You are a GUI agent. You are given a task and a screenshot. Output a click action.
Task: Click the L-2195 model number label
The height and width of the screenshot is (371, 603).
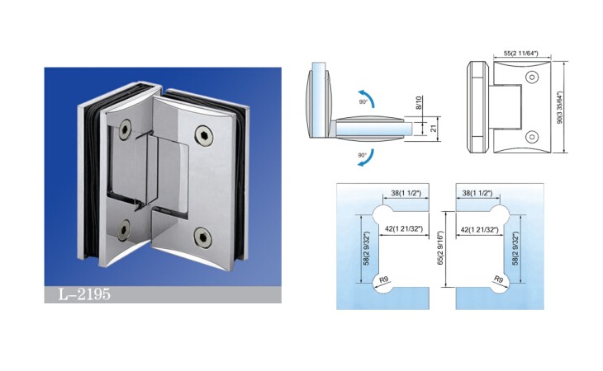84,294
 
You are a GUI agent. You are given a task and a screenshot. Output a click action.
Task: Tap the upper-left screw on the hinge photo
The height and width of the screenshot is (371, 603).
126,129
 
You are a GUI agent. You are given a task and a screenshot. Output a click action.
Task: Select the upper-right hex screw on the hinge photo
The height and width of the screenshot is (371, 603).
204,135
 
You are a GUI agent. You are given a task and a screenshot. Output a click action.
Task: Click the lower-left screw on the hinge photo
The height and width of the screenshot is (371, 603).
124,229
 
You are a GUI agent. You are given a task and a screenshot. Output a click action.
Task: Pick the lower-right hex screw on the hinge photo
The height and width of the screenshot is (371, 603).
202,237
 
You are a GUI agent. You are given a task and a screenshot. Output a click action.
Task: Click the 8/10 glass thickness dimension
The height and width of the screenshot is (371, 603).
419,102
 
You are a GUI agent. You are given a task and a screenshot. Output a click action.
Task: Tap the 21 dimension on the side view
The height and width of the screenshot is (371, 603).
434,128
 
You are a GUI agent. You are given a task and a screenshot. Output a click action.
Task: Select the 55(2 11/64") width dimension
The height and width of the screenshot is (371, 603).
520,54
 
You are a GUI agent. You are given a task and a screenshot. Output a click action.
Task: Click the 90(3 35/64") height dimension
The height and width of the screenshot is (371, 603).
559,107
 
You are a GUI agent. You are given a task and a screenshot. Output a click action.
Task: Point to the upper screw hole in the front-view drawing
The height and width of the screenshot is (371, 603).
532,77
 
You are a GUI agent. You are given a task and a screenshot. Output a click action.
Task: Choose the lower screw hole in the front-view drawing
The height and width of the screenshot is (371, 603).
532,137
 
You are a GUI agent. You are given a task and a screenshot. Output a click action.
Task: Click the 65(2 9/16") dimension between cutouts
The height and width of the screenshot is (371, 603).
440,248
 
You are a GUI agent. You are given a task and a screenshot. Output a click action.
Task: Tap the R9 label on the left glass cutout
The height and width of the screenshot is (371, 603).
383,279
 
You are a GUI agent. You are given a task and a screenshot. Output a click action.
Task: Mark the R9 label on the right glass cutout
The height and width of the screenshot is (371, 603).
498,279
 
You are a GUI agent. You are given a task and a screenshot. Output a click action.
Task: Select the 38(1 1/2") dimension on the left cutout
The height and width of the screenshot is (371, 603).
406,193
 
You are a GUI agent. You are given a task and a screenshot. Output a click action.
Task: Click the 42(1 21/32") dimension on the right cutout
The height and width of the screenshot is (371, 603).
479,229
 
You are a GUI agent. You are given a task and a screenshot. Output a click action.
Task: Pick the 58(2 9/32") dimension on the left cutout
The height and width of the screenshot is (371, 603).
366,248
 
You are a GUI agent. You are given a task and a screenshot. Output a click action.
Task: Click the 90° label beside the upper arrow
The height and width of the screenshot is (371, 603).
363,101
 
